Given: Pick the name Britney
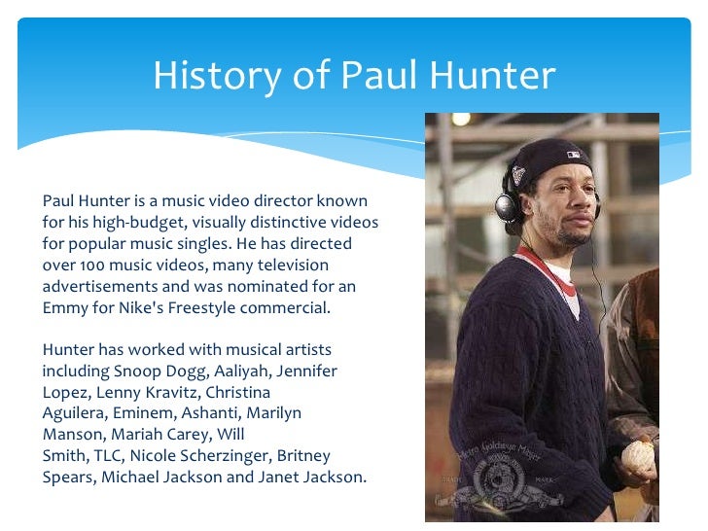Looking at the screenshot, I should (x=305, y=456).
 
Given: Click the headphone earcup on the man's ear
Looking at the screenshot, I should (x=505, y=206).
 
